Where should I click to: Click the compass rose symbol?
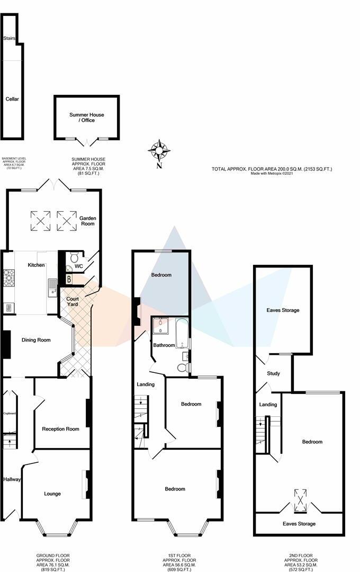[x=159, y=150]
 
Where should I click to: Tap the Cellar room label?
[x=12, y=99]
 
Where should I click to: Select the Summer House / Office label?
[x=87, y=118]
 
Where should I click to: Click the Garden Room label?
[x=87, y=221]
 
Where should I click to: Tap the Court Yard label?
[x=73, y=301]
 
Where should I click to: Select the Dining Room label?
[x=36, y=340]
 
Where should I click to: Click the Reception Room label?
[x=61, y=429]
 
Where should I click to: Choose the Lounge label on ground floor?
[x=52, y=494]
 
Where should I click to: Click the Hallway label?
[x=12, y=480]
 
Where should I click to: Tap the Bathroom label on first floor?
[x=164, y=345]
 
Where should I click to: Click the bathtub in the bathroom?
[x=182, y=333]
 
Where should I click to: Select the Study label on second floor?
[x=273, y=373]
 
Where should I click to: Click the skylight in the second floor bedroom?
[x=301, y=500]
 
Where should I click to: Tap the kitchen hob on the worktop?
[x=9, y=278]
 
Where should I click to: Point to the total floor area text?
[x=272, y=169]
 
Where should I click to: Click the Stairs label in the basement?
[x=9, y=39]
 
